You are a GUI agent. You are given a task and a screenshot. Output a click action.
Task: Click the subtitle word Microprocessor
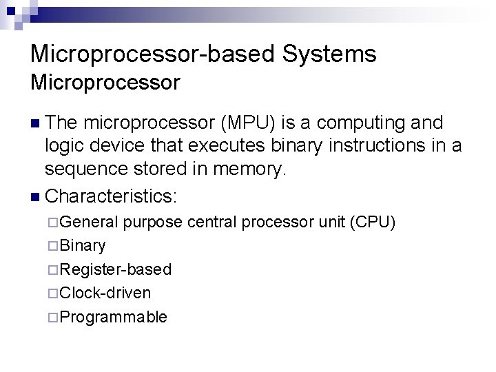105,83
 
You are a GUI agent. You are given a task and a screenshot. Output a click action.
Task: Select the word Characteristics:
111,196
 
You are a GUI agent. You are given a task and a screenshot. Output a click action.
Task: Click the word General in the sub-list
89,222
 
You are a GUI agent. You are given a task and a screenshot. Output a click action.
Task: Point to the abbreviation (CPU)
373,222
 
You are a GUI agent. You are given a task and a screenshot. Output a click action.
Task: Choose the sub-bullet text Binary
83,245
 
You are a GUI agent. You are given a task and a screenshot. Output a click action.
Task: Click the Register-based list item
115,269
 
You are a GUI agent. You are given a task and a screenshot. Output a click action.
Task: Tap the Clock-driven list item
105,293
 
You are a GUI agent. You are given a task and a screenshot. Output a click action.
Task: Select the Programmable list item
113,317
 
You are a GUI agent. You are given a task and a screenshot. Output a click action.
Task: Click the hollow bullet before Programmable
54,317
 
